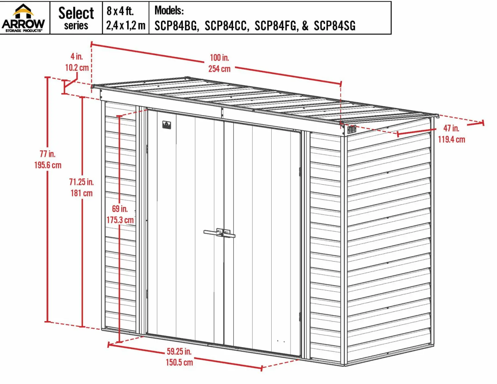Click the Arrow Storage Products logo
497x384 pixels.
[x=23, y=18]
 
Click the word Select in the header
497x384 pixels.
[x=76, y=13]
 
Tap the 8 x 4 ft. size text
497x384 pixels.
[x=120, y=11]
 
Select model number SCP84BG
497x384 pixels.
[x=175, y=25]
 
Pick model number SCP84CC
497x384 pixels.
[x=226, y=25]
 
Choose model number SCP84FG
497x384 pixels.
[x=276, y=25]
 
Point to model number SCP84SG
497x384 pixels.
[x=335, y=25]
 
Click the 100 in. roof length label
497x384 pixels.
[x=219, y=58]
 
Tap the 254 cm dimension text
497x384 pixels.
[x=219, y=69]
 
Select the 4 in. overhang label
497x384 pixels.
[x=77, y=56]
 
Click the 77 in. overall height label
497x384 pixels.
[x=48, y=154]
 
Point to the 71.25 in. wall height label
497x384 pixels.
[x=82, y=182]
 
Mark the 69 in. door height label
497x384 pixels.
[x=120, y=209]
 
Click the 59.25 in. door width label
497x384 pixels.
[x=179, y=351]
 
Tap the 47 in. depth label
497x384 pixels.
[x=451, y=128]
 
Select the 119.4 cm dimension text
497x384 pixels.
[x=452, y=139]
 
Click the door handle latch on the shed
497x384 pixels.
[x=219, y=233]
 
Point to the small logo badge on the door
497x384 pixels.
[x=167, y=125]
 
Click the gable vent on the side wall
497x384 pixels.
[x=352, y=129]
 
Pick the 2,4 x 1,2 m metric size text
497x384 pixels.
[x=126, y=25]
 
